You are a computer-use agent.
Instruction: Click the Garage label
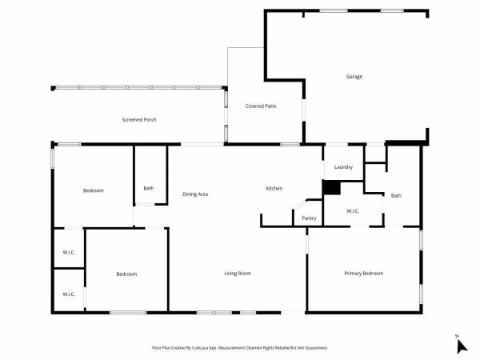[x=354, y=77]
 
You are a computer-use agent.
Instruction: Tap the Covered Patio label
[x=261, y=106]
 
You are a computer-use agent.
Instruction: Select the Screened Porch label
[x=139, y=120]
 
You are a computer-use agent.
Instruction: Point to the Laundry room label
[x=343, y=167]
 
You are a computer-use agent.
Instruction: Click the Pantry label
[x=309, y=218]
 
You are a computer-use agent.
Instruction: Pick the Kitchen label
[x=274, y=189]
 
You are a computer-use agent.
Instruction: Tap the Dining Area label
[x=195, y=194]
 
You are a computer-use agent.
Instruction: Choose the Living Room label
[x=238, y=274]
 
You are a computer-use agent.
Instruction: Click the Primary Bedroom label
[x=364, y=274]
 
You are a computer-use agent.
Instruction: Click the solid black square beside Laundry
[x=331, y=187]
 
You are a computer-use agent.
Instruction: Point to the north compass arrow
[x=462, y=346]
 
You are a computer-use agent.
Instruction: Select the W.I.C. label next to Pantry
[x=353, y=211]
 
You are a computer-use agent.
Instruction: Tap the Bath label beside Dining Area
[x=149, y=188]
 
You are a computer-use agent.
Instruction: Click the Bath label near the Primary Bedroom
[x=396, y=196]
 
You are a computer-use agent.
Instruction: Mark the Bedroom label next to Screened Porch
[x=94, y=190]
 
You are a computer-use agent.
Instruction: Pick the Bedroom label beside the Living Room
[x=126, y=274]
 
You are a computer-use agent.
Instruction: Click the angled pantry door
[x=300, y=204]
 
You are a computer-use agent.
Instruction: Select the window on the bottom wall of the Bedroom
[x=128, y=313]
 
